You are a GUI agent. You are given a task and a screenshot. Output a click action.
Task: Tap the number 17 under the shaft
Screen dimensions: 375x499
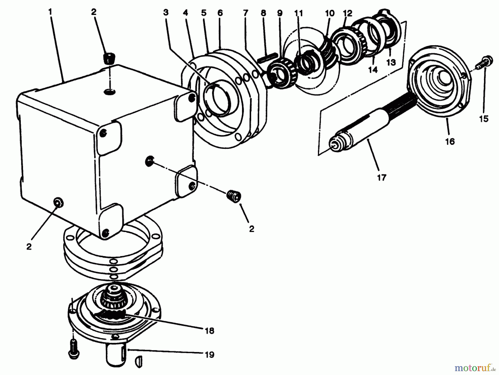coord(381,177)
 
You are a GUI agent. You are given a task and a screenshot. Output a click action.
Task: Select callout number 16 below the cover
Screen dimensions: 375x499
coord(450,142)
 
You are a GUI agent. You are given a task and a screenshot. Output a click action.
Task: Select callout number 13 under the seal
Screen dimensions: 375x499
coord(391,63)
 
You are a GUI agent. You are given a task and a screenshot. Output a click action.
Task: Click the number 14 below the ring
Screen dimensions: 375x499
coord(373,70)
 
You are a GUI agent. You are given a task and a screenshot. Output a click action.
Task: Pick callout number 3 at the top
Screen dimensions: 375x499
coord(166,13)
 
